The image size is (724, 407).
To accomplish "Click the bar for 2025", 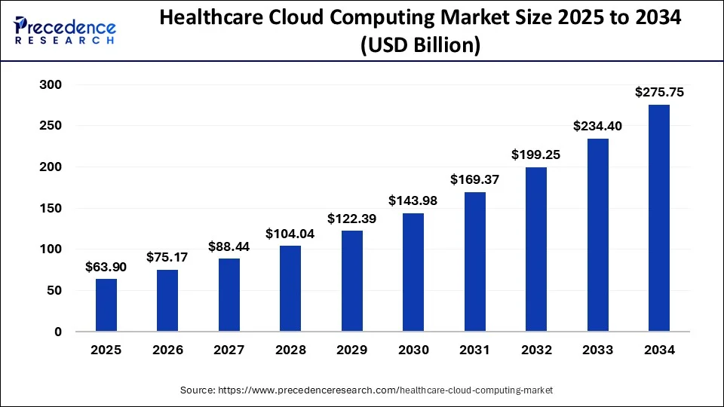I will coord(106,305).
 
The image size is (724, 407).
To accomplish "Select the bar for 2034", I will coord(658,219).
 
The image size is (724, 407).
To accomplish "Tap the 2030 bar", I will coord(413,273).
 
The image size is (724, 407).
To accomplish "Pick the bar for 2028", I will coord(290,289).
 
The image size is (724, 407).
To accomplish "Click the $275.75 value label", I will coord(658,93).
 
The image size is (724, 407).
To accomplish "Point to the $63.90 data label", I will coord(106,267).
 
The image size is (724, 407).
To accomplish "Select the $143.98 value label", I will coord(413,201).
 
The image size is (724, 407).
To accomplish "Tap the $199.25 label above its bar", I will coord(536,155).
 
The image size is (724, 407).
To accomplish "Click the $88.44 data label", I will coord(229,246).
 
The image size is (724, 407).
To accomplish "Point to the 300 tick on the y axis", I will coord(50,85).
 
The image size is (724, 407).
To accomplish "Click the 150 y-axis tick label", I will coord(50,209).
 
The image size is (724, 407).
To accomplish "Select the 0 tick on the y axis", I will coord(57,332).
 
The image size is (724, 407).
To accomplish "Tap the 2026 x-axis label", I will coord(167,350).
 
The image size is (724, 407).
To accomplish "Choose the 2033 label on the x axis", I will coord(597,350).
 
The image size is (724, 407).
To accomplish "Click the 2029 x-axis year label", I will coord(351,350).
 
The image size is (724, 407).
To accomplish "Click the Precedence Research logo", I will coord(65,30).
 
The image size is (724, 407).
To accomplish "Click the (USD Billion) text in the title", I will coord(421,47).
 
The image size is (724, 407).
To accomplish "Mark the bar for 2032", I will coord(536,249).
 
